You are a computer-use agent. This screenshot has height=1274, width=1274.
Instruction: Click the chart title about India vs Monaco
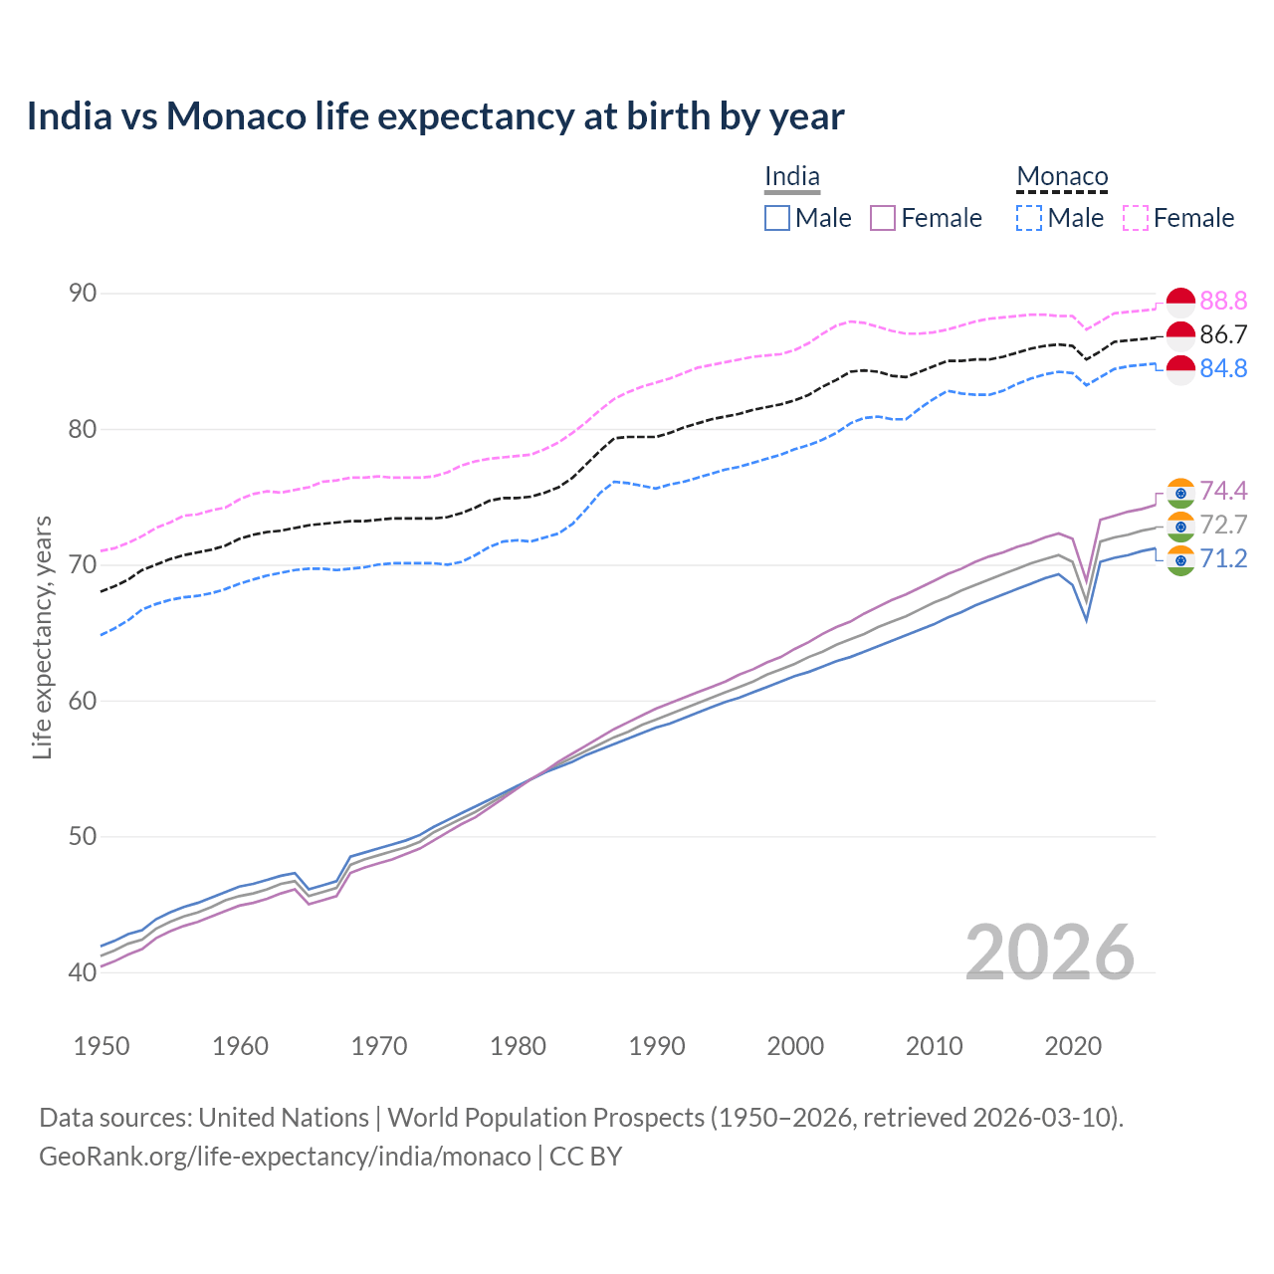tap(435, 116)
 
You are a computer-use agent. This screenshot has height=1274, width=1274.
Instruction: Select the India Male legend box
tap(777, 218)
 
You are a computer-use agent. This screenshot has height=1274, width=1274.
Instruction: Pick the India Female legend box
tap(883, 218)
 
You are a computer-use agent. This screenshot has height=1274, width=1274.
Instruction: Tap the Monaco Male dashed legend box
tap(1029, 218)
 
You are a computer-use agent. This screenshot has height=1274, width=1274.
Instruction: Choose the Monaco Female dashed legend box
tap(1136, 218)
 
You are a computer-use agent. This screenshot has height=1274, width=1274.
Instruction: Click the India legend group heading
tap(792, 177)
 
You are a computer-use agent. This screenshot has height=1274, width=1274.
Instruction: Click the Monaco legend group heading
tap(1062, 177)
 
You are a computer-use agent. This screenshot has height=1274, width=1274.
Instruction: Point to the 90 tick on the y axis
tap(83, 293)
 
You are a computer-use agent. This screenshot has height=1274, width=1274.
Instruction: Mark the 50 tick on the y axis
tap(83, 836)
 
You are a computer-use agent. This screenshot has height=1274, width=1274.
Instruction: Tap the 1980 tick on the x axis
tap(518, 1046)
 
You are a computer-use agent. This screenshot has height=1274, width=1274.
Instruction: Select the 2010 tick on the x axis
tap(934, 1046)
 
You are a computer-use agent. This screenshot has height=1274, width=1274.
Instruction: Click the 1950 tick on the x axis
tap(102, 1046)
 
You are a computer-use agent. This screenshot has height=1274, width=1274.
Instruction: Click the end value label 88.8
tap(1223, 301)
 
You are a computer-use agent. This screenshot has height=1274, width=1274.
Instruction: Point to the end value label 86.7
tap(1223, 334)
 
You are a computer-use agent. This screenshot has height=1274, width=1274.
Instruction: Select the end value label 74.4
tap(1223, 491)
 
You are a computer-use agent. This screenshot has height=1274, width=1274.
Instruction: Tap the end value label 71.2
tap(1223, 558)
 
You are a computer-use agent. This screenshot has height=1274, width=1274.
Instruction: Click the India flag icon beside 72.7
tap(1180, 526)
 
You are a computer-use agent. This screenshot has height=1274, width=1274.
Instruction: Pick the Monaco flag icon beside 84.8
tap(1180, 369)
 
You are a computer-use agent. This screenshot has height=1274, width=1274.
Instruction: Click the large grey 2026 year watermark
tap(1049, 953)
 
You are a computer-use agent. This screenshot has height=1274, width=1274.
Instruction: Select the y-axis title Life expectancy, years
tap(42, 637)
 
